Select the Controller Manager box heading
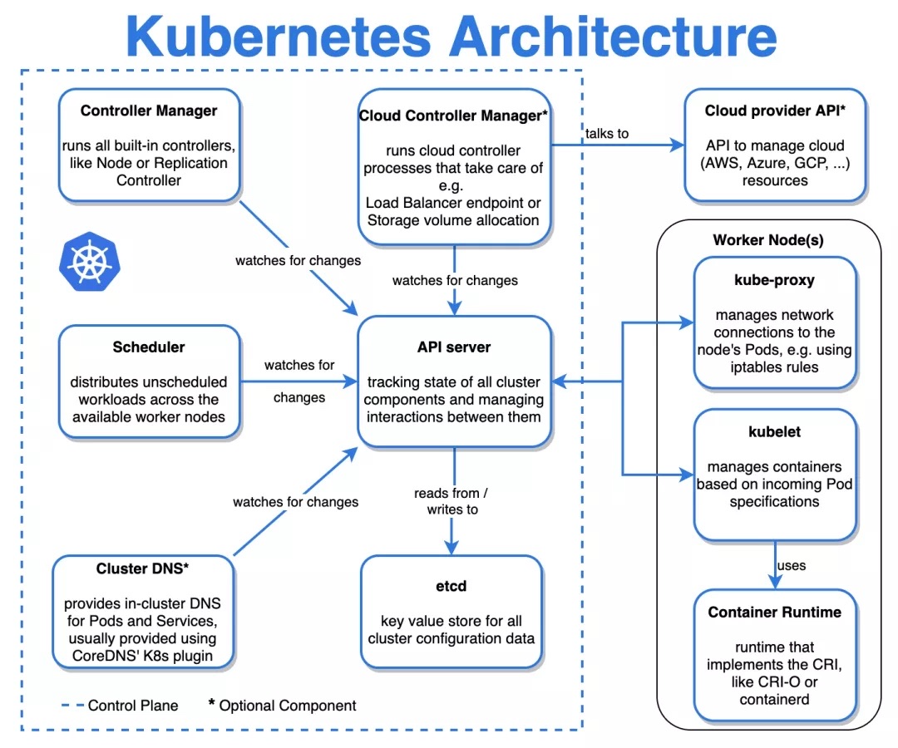pos(149,111)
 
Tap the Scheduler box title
pos(149,347)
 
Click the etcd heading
pos(451,586)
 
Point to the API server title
pos(454,347)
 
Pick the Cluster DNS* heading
pos(142,569)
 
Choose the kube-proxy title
pos(775,280)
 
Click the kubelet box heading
pos(774,432)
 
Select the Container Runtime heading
pos(774,613)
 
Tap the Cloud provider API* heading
pos(774,111)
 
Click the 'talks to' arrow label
pos(607,133)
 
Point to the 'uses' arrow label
pos(791,566)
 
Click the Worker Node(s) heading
pos(768,240)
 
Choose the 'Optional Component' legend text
pos(288,706)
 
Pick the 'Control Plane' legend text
pos(133,706)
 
